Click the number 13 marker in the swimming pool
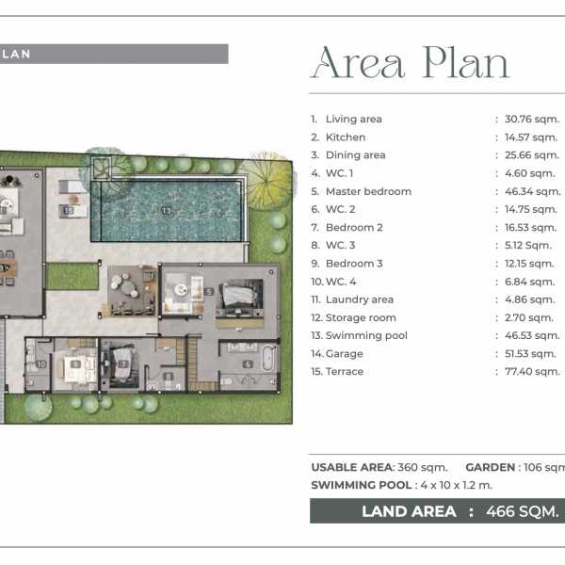click(x=166, y=210)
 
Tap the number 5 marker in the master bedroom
click(x=209, y=292)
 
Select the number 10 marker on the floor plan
click(x=41, y=364)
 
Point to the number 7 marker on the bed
click(x=122, y=364)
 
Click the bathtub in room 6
click(x=267, y=359)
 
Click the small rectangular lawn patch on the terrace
click(x=73, y=276)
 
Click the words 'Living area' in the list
click(x=353, y=119)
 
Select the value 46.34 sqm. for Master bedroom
click(x=532, y=191)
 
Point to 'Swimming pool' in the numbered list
click(x=366, y=335)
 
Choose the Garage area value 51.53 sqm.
click(x=530, y=353)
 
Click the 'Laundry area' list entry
click(x=360, y=299)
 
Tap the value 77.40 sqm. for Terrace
click(x=532, y=372)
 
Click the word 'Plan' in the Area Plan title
click(x=466, y=63)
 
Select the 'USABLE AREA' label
click(x=352, y=467)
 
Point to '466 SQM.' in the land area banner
click(x=522, y=511)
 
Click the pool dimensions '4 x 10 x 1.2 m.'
click(x=456, y=485)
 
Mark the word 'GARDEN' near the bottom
click(x=490, y=467)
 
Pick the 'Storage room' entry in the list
click(x=361, y=317)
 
